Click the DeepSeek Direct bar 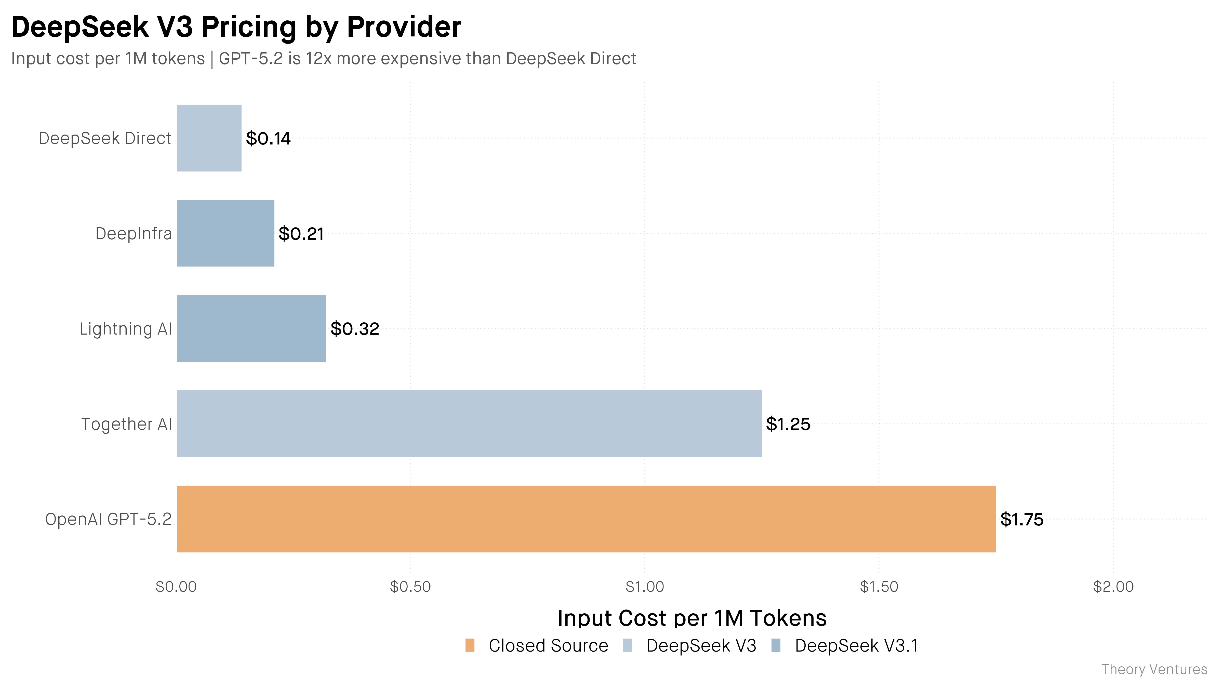click(209, 138)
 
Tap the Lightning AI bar click(252, 328)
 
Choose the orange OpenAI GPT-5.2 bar click(587, 519)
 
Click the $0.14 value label click(268, 139)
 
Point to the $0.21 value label click(301, 234)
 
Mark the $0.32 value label click(355, 328)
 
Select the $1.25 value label click(788, 424)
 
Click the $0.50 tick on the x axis click(410, 587)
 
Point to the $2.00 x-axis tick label click(1113, 587)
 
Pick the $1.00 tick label click(645, 587)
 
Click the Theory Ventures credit click(1154, 669)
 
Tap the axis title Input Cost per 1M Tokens click(692, 618)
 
